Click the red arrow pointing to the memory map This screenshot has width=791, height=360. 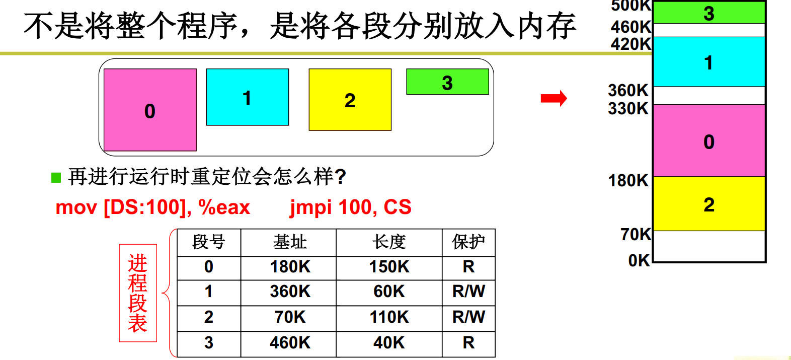(x=553, y=98)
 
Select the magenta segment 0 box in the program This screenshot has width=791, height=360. (x=150, y=110)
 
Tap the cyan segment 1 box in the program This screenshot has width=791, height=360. (x=248, y=97)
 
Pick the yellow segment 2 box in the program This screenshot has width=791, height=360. (x=350, y=100)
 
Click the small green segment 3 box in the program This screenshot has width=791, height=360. (x=447, y=82)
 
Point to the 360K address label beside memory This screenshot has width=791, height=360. (x=628, y=91)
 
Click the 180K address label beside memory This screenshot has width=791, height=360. (x=628, y=180)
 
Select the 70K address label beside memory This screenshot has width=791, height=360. (x=636, y=234)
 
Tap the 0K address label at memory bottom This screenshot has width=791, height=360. (x=639, y=260)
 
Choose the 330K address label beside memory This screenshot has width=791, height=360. (x=628, y=108)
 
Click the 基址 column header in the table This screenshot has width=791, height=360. (x=289, y=242)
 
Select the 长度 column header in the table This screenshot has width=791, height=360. (x=389, y=242)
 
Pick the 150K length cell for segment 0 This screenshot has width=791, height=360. (x=389, y=267)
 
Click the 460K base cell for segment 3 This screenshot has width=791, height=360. (x=290, y=343)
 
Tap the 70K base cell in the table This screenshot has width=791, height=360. (x=290, y=317)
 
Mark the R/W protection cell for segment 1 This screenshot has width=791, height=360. (x=468, y=291)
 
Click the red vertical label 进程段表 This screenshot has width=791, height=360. (x=137, y=293)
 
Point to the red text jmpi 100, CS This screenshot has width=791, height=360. (x=350, y=207)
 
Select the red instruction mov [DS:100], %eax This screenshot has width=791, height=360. (x=152, y=207)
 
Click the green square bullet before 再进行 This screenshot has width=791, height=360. (x=56, y=177)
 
